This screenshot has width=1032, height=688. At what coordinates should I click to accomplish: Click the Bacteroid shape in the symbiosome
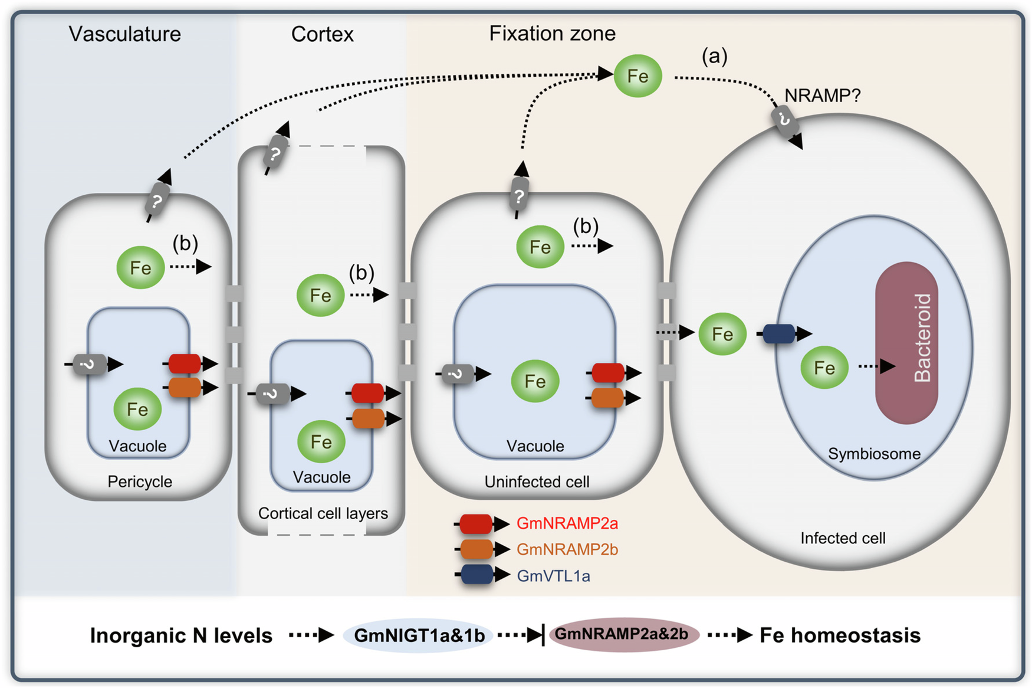point(906,343)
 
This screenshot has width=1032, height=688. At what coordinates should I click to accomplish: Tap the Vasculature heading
point(125,34)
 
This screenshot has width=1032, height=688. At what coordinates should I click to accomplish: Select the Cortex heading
point(323,34)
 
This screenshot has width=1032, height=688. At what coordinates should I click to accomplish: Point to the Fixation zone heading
point(553,34)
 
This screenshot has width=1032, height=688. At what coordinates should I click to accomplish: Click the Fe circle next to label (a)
point(637,76)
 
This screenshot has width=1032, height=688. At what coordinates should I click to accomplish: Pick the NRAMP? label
point(823,95)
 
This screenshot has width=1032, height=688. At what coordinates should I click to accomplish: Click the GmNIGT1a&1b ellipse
point(419,635)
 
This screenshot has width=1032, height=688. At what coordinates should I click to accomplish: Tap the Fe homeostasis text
point(840,635)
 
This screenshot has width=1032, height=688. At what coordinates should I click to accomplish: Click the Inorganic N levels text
point(181,635)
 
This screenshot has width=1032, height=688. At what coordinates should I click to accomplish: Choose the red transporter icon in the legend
point(476,523)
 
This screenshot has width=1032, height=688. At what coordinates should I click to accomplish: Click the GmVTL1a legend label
point(553,576)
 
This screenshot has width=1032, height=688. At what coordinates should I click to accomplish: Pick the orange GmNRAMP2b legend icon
point(476,549)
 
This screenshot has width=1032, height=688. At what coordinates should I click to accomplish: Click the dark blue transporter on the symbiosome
point(780,334)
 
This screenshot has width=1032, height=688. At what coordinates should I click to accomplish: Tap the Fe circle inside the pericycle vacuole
point(137,409)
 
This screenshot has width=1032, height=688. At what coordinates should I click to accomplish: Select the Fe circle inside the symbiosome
point(824,368)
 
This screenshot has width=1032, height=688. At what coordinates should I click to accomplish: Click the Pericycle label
point(140,481)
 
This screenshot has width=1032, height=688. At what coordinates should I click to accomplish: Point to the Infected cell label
point(843,538)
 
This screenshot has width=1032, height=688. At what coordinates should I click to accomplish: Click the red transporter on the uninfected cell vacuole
point(609,373)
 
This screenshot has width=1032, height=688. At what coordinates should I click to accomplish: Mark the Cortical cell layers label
point(323,513)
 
